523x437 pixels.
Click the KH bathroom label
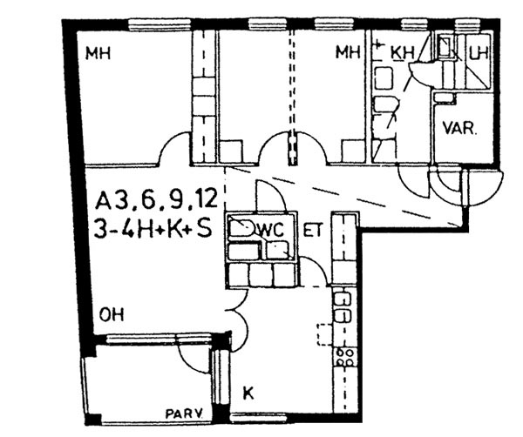tap(402, 52)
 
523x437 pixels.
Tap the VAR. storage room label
tap(460, 128)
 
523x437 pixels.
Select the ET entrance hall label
tap(313, 230)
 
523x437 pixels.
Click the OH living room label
tap(112, 314)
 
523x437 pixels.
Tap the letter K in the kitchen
tap(248, 393)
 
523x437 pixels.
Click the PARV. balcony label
tap(185, 414)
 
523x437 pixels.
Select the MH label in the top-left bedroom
tap(98, 53)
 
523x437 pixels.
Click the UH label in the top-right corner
tap(479, 52)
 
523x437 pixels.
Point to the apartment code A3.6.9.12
tap(156, 200)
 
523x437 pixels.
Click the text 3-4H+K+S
tap(153, 229)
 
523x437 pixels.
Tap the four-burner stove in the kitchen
tap(344, 357)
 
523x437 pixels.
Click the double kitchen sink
tap(343, 307)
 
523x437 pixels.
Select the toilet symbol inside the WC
tap(241, 227)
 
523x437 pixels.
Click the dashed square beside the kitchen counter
tap(324, 334)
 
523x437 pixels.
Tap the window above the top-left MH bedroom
tap(160, 24)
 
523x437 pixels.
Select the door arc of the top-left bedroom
tap(174, 146)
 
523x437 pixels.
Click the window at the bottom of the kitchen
tap(260, 417)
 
